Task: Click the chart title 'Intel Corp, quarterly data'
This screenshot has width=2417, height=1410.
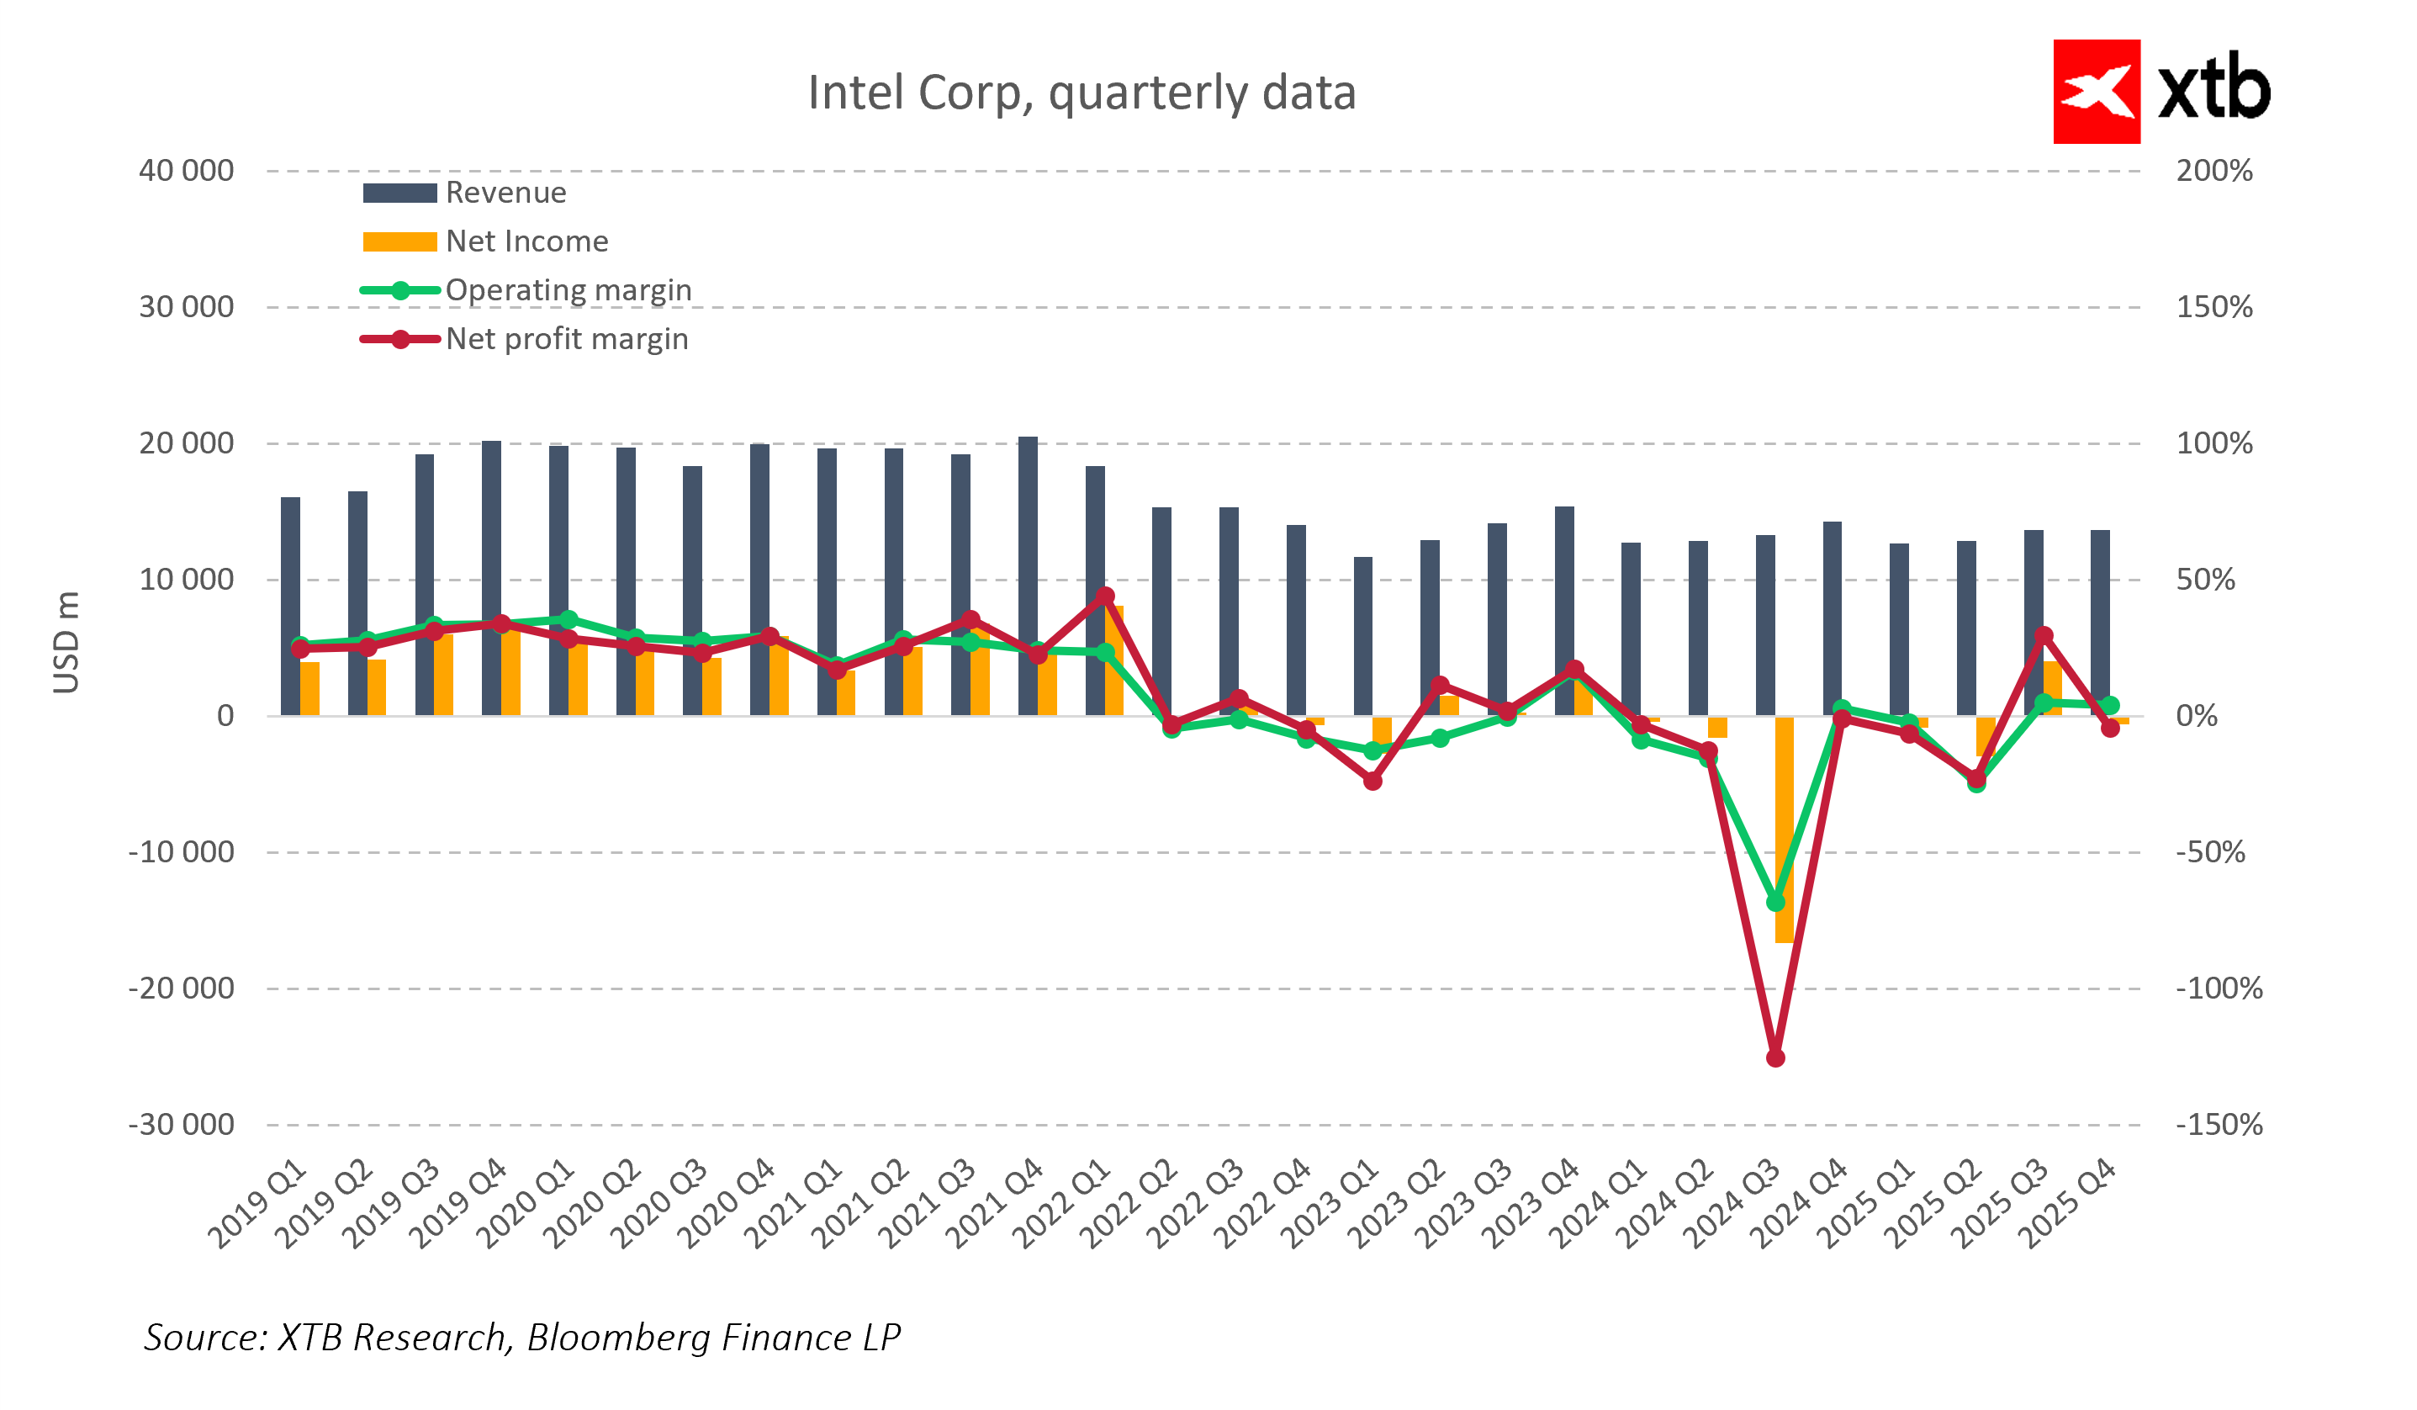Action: click(x=1081, y=93)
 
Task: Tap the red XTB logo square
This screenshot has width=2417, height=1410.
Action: click(x=2096, y=91)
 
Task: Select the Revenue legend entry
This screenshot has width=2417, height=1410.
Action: click(x=505, y=193)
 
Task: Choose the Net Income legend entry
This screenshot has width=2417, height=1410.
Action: click(x=526, y=241)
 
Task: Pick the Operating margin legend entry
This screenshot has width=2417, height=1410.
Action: click(x=567, y=290)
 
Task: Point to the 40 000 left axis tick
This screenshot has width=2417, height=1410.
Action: click(x=186, y=171)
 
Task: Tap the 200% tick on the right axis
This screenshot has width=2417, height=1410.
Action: click(x=2213, y=171)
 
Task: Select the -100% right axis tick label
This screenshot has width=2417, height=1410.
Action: click(x=2219, y=988)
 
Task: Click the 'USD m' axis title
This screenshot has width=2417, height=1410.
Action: click(x=66, y=643)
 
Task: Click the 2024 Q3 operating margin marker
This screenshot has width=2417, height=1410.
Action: click(x=1775, y=903)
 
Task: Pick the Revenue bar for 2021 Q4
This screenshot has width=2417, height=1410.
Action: click(x=1027, y=575)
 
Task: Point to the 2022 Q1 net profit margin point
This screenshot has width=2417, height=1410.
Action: click(x=1105, y=596)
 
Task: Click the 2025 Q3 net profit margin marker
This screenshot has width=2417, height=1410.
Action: click(x=2043, y=636)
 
